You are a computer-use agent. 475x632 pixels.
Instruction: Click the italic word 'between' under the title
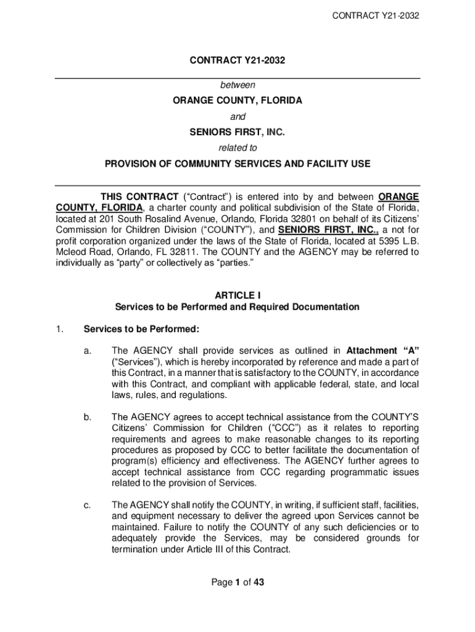click(238, 85)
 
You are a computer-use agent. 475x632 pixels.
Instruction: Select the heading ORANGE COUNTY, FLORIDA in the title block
click(238, 101)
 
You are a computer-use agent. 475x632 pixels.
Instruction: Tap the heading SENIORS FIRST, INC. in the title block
click(238, 132)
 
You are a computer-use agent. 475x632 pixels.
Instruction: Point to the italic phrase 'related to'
click(238, 148)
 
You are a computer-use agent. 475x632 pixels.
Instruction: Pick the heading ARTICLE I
click(238, 295)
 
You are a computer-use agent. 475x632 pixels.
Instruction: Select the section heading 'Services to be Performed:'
click(141, 329)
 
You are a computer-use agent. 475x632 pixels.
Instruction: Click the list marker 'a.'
click(88, 351)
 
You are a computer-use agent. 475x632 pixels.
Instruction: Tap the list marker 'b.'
click(88, 417)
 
